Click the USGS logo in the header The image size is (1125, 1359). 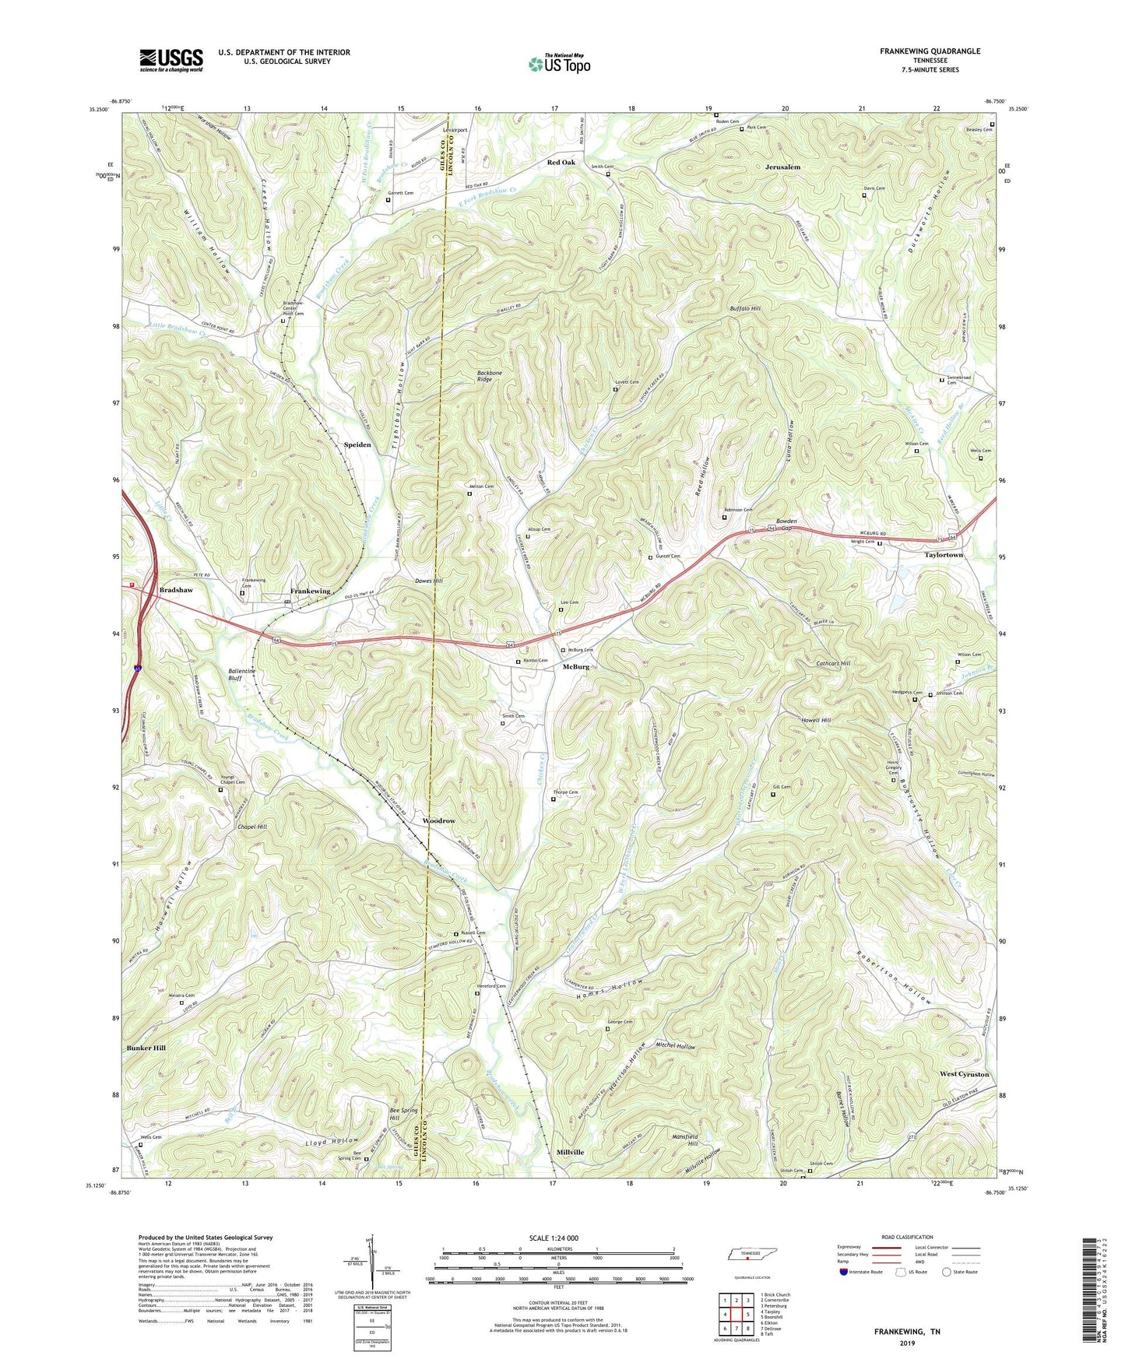[171, 59]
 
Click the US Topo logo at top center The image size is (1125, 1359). [558, 64]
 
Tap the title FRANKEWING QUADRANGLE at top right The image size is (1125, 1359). [930, 51]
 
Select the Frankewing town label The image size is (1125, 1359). [311, 591]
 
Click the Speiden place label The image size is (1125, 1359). [357, 444]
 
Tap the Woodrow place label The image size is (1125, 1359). [438, 821]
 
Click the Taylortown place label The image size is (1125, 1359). [944, 555]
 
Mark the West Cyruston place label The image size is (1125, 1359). [964, 1074]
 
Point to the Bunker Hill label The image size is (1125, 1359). [146, 1048]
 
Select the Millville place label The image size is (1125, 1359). [571, 1151]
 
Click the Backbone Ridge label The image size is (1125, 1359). [490, 377]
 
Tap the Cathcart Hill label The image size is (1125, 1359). [833, 663]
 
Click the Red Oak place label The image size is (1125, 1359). [561, 162]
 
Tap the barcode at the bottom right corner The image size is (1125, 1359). [1089, 1292]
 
